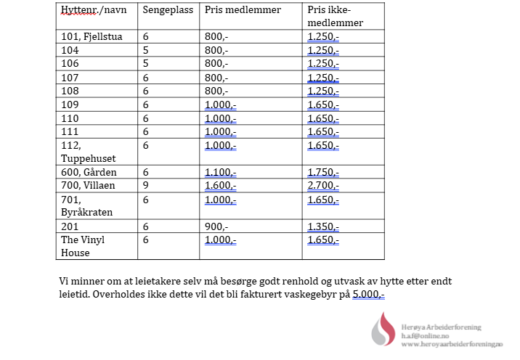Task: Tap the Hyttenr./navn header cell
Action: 91,10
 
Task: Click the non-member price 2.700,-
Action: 323,185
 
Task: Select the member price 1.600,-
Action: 220,185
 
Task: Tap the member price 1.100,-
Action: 220,172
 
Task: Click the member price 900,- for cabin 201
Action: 216,226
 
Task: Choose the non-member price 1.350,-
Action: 323,226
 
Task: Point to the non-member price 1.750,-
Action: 323,172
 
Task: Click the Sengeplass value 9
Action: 145,185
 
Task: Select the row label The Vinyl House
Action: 83,246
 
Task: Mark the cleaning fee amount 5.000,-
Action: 368,295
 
